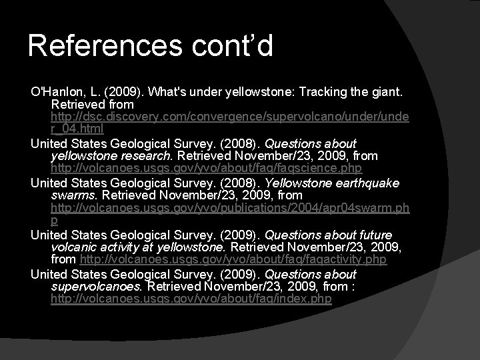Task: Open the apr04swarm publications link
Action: click(x=229, y=209)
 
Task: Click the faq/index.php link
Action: click(x=191, y=299)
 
